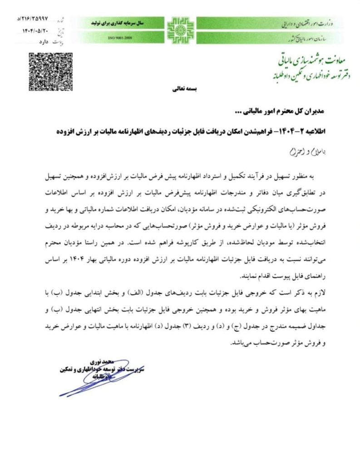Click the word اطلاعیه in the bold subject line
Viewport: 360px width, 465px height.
pos(323,130)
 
